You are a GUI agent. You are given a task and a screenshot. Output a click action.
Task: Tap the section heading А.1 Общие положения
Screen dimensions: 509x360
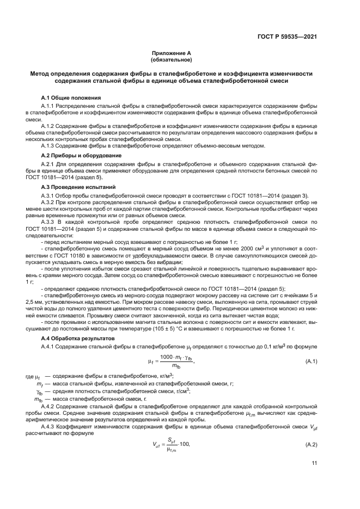pos(70,97)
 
